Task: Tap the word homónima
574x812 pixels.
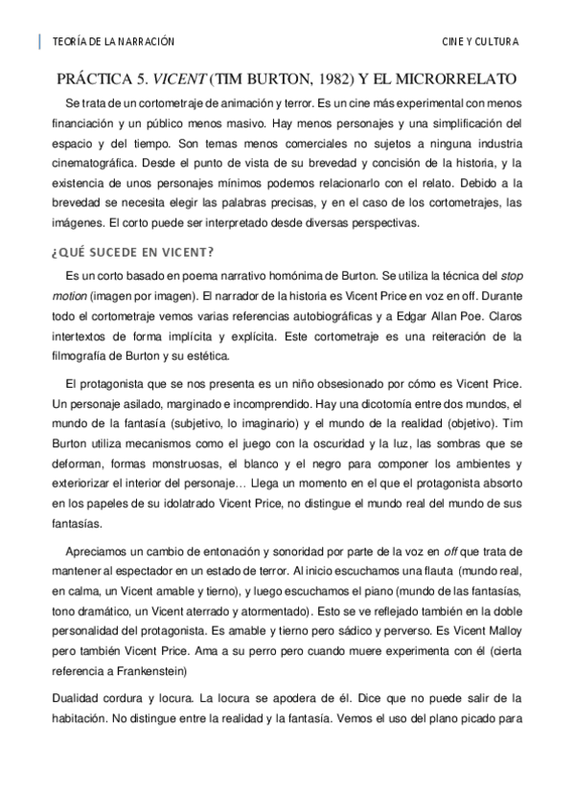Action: [x=301, y=275]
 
